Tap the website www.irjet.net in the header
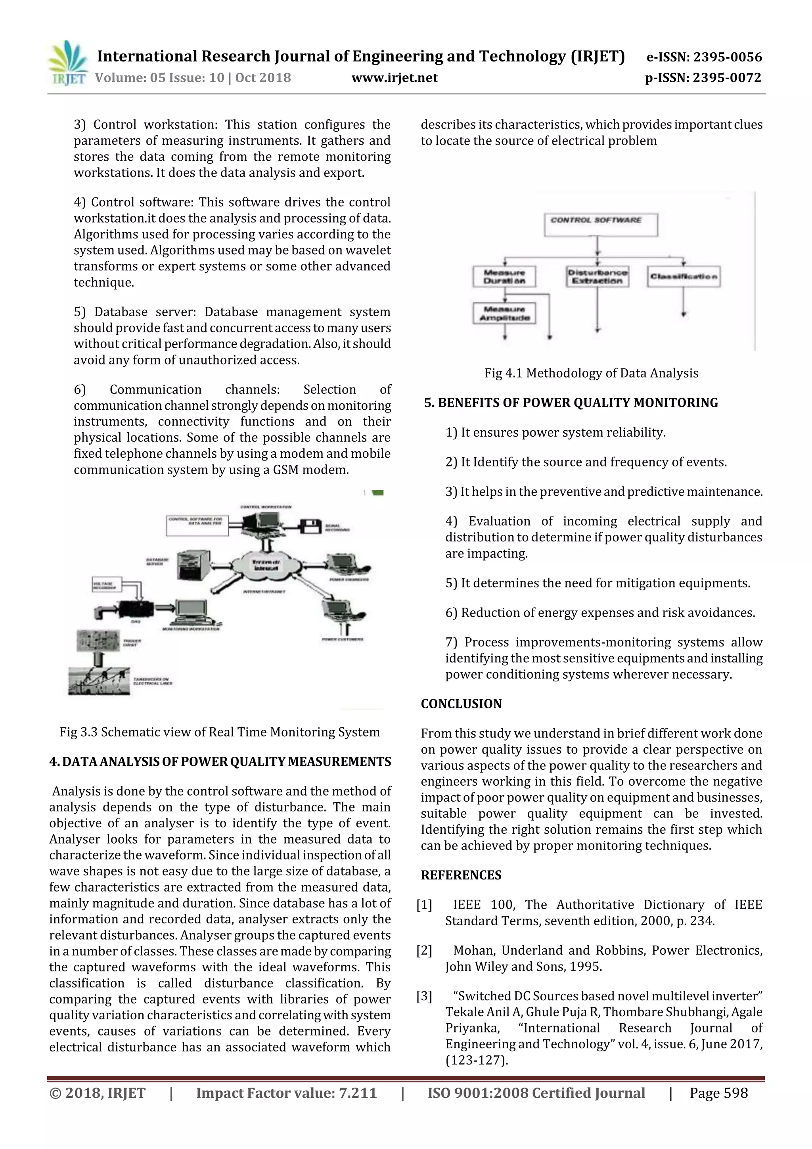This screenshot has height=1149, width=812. coord(394,78)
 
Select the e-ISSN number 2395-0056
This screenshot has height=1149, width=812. coord(703,57)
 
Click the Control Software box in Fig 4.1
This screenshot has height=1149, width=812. coord(600,224)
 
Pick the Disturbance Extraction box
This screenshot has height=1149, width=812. coord(598,276)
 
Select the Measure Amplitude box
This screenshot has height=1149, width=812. coord(504,313)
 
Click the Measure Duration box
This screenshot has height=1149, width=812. coord(504,276)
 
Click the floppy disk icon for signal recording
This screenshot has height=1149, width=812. coord(310,526)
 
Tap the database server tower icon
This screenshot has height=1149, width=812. coord(193,565)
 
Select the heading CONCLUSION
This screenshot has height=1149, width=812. coord(461,704)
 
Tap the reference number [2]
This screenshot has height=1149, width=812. coord(424,950)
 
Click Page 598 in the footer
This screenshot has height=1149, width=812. coord(718,1093)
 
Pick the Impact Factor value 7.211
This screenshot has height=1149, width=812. coord(286,1093)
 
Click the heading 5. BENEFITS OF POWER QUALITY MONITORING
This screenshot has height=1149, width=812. coord(571,403)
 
